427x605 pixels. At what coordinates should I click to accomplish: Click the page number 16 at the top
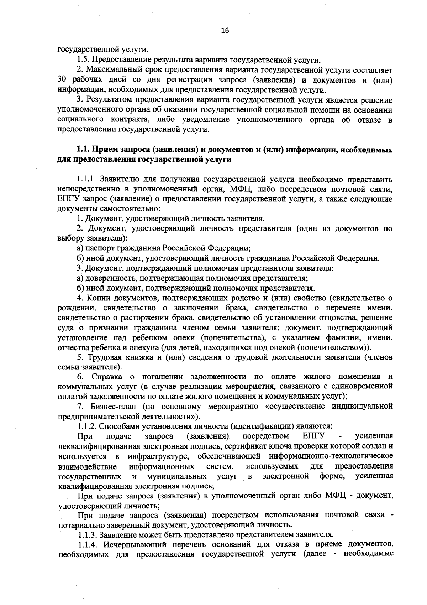click(225, 30)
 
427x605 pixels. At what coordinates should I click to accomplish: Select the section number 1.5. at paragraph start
click(84, 59)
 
